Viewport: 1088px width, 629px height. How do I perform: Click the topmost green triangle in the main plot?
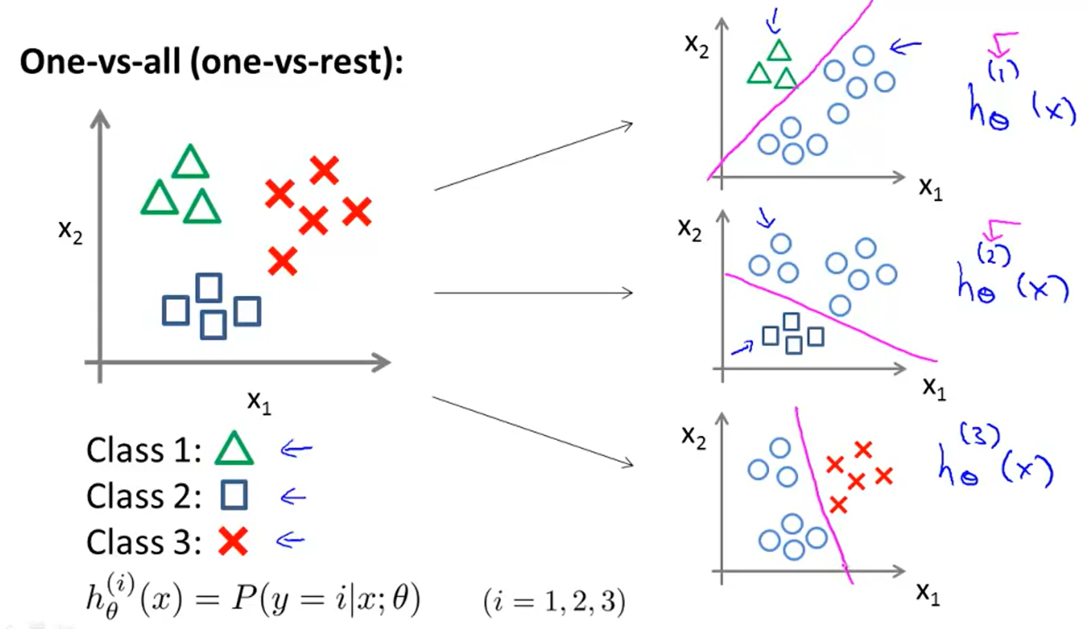[x=190, y=163]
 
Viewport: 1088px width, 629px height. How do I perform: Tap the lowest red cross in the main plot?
[x=282, y=261]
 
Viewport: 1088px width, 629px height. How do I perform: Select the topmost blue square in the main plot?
[x=209, y=287]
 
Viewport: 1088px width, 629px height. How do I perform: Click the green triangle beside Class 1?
[x=234, y=450]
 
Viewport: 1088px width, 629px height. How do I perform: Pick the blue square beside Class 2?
[x=234, y=495]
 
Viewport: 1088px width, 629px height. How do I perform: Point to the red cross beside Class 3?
[x=233, y=540]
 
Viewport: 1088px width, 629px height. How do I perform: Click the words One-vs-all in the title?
[x=100, y=62]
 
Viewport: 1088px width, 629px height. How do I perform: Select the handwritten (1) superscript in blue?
[x=1003, y=71]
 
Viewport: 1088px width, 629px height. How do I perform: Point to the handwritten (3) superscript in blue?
[x=980, y=435]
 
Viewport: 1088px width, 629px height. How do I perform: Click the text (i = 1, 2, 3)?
[x=554, y=601]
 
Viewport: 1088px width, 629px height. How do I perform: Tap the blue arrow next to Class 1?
[x=296, y=449]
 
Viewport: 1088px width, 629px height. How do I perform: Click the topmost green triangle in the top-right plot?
[x=779, y=51]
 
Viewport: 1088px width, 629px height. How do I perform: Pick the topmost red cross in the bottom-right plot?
[x=863, y=449]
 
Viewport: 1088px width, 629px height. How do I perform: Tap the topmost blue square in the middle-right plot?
[x=791, y=322]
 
